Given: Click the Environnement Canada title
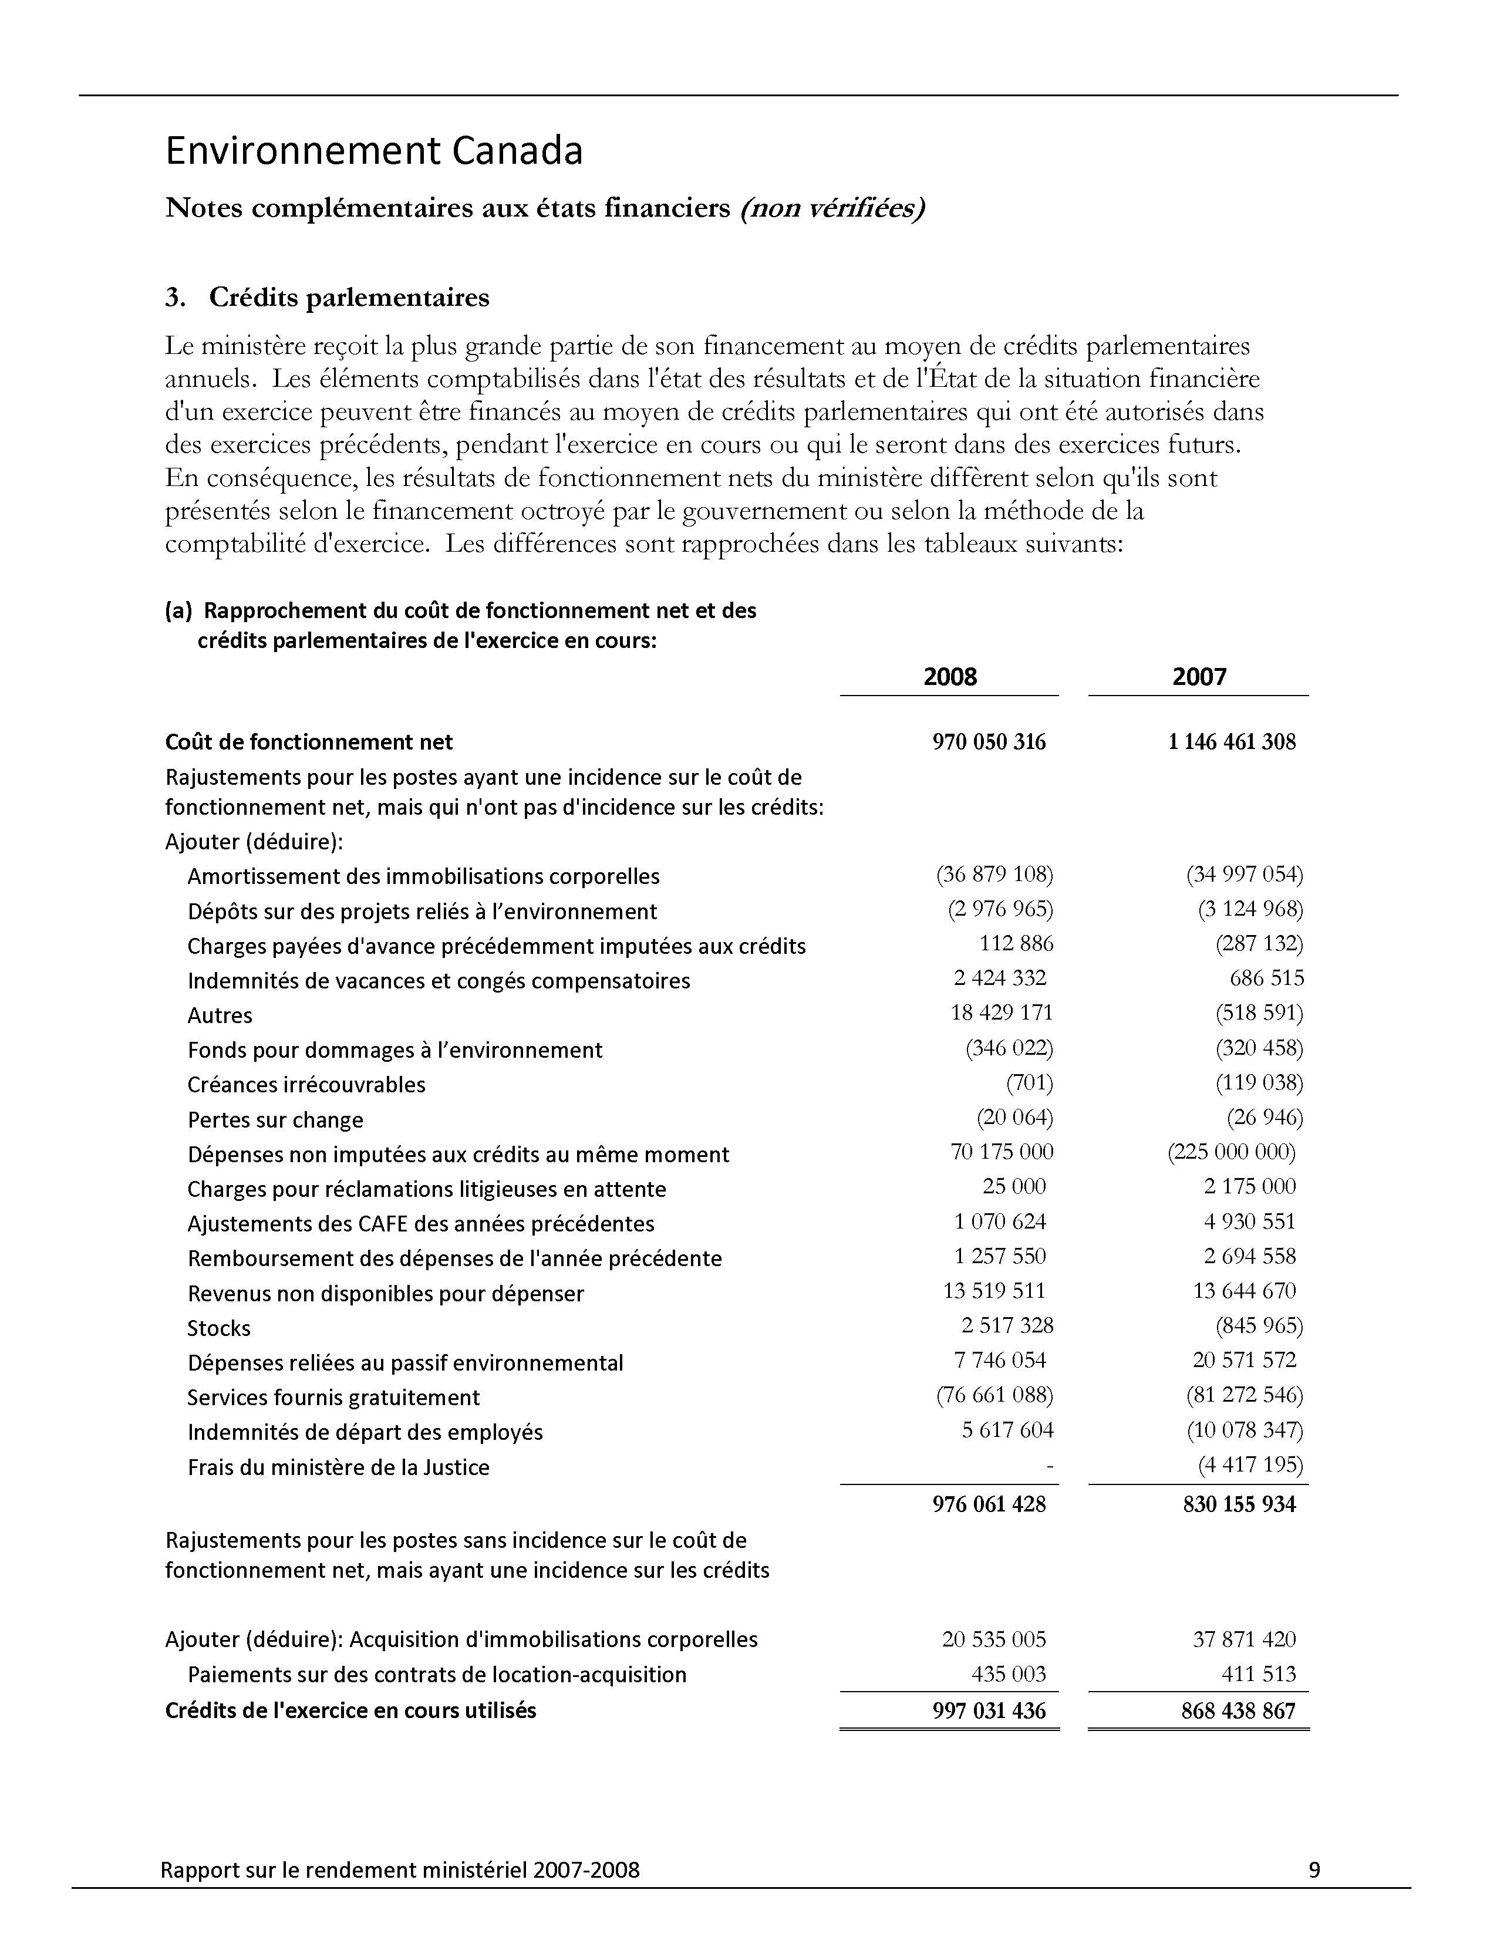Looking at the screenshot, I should (x=373, y=151).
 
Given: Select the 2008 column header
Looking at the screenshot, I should (x=950, y=677).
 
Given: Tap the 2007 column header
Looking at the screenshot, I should (x=1199, y=677).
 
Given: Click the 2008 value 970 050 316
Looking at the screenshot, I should (x=989, y=743).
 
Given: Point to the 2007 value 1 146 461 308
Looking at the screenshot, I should (x=1232, y=743).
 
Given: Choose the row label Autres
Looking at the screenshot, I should (x=220, y=1015).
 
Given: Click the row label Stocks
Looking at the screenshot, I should (x=219, y=1328).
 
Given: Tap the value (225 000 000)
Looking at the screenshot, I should (x=1232, y=1152).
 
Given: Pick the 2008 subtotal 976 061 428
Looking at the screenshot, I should (x=989, y=1504).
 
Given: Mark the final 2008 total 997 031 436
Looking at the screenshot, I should (x=989, y=1711).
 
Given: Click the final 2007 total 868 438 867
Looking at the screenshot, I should (x=1238, y=1711).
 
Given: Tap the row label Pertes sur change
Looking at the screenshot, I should (x=275, y=1120).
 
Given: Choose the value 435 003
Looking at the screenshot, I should (x=1009, y=1675).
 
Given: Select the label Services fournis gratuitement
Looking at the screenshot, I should (x=333, y=1398).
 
